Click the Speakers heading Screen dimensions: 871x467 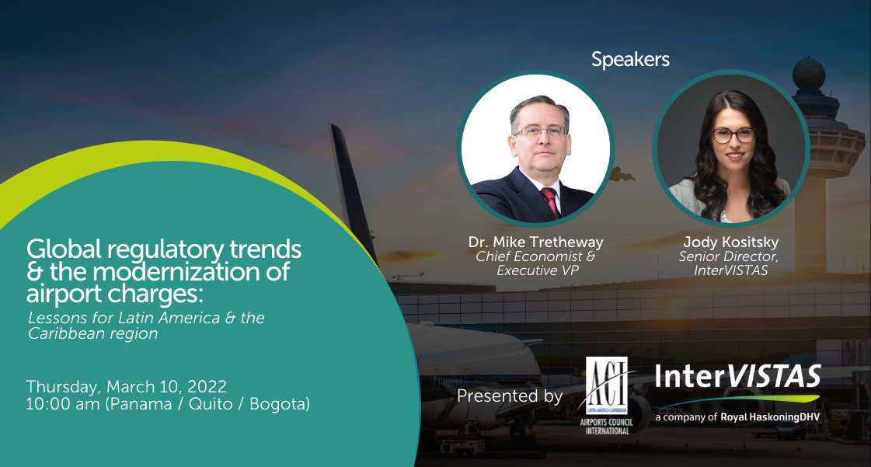tap(630, 59)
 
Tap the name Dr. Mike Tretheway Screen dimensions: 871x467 tap(535, 242)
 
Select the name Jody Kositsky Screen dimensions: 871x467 tap(730, 242)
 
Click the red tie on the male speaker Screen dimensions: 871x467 tap(550, 201)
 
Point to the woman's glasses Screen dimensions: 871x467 tap(733, 135)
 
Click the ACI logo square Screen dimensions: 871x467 tap(607, 385)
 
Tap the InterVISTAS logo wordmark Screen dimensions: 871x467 tap(737, 377)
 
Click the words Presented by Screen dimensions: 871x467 tap(510, 396)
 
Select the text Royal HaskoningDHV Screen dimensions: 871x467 tap(770, 417)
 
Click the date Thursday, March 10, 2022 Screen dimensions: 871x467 tap(126, 386)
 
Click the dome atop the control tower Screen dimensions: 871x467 tap(808, 73)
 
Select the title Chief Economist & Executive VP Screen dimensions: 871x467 tap(535, 263)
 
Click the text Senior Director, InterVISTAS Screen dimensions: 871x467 tap(730, 263)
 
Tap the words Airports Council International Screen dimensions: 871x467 tap(607, 427)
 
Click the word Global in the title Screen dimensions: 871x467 tap(64, 249)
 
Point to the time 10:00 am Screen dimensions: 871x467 tap(63, 404)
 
